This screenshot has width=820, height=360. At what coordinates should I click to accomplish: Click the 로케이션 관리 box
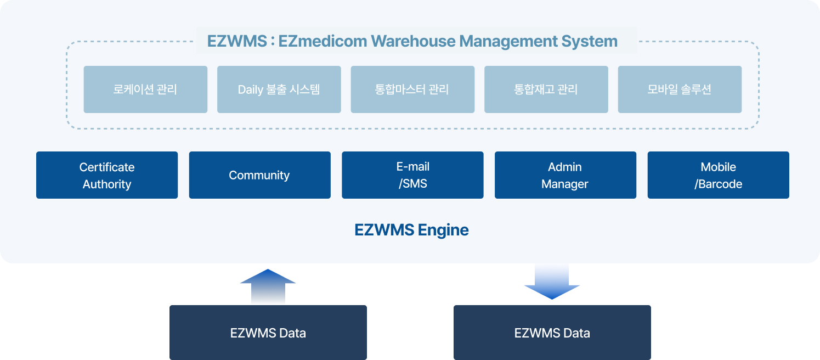coord(145,89)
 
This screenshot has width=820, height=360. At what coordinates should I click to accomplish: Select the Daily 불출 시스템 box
coord(279,89)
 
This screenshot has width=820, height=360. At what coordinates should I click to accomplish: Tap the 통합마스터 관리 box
coord(412,89)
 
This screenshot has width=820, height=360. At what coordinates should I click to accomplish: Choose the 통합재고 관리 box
coord(546,89)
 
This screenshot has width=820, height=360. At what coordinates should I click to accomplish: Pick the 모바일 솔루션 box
coord(680,89)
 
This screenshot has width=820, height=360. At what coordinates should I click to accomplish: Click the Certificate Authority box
coord(107,175)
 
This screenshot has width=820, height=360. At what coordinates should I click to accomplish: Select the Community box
coord(260,175)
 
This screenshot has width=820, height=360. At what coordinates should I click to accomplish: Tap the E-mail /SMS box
coord(412,175)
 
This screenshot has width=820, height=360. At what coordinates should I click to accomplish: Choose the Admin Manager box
coord(565,175)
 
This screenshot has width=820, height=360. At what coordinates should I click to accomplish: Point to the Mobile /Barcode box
coord(718,175)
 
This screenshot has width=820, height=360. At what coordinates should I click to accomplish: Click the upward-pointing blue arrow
coord(268,286)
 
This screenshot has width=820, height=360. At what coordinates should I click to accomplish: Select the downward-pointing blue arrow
coord(552,282)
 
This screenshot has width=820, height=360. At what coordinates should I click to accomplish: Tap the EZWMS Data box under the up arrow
coord(268,333)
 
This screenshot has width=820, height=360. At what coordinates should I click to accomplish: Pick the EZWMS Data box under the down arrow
coord(552,333)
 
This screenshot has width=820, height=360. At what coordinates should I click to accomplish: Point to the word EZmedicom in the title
coord(323,41)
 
